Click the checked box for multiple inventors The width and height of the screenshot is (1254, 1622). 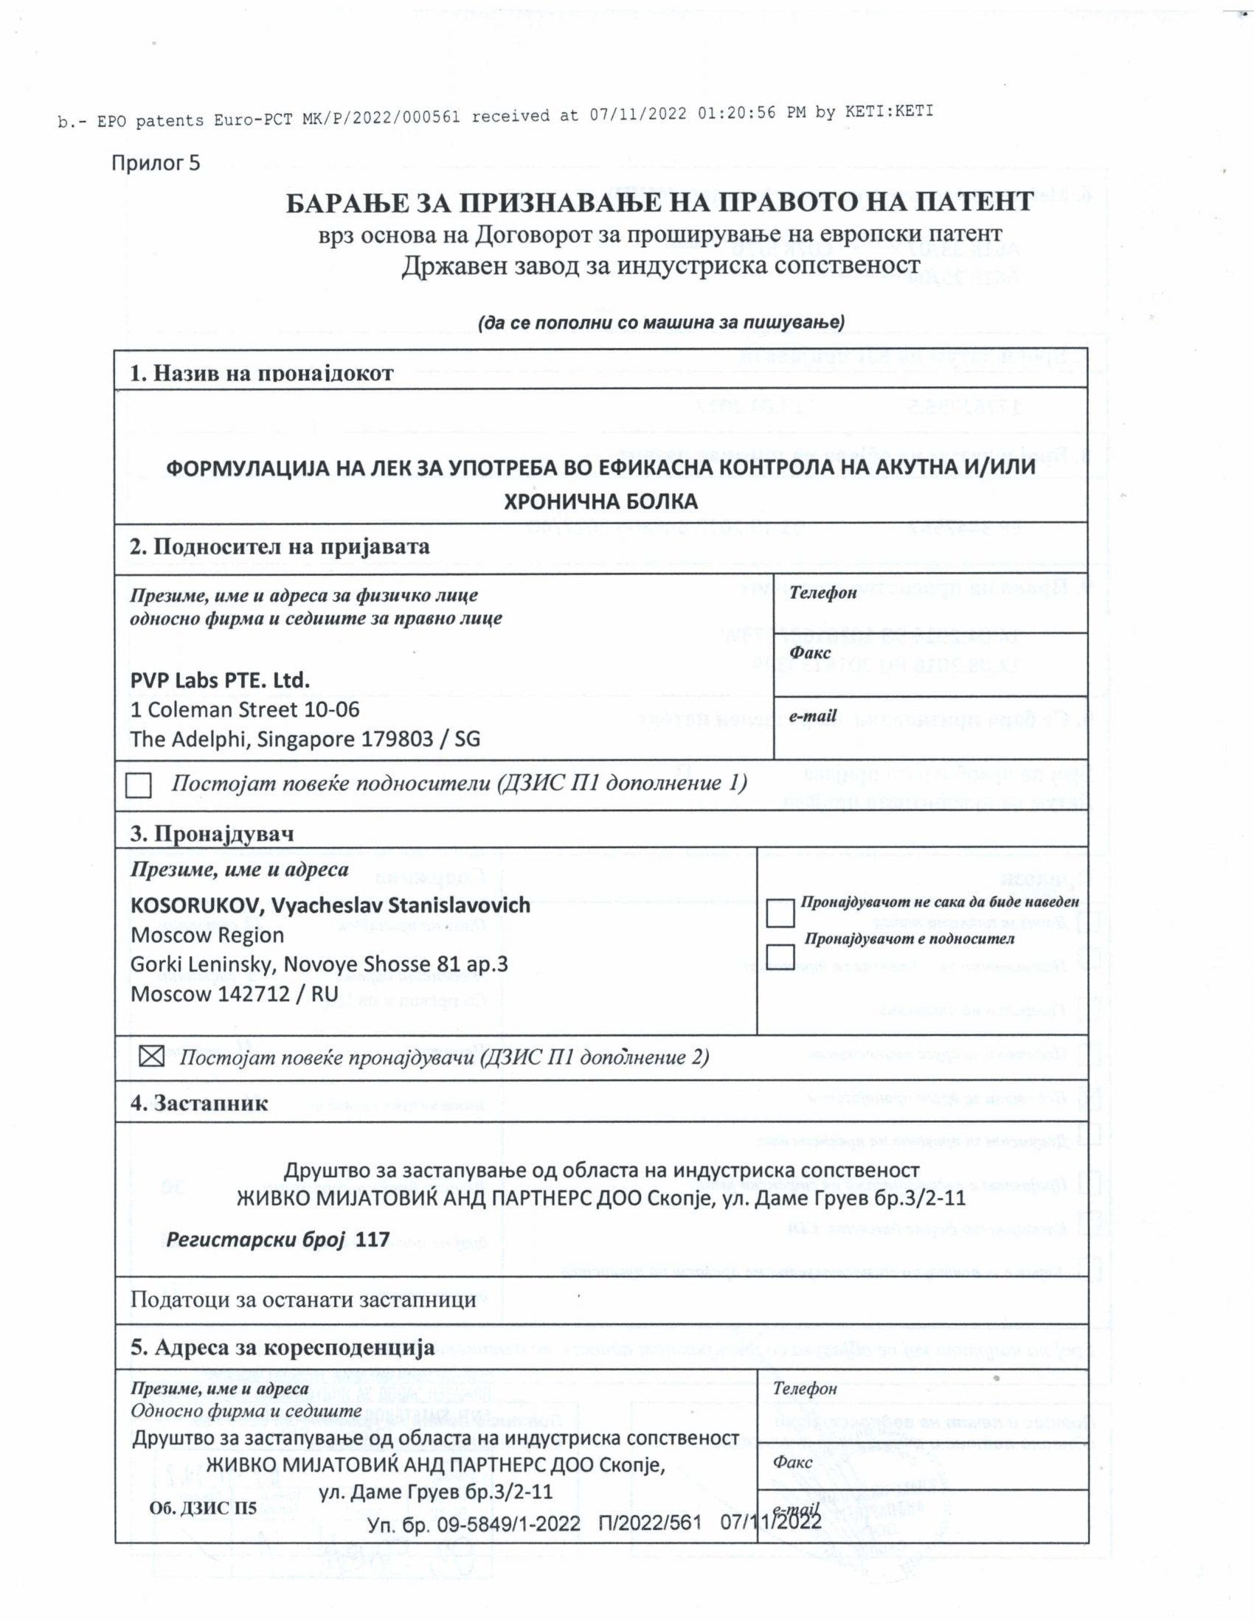[x=151, y=1056]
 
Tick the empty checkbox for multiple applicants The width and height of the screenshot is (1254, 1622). [x=138, y=785]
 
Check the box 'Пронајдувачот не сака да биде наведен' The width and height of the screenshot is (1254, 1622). [x=780, y=913]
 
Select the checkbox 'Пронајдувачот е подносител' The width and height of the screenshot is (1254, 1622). [x=780, y=956]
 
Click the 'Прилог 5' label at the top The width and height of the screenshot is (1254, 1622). [x=156, y=163]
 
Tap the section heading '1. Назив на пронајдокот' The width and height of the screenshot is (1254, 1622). [x=262, y=373]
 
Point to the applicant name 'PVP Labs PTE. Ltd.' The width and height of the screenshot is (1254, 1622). [x=220, y=680]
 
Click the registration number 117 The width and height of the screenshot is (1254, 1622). [x=373, y=1239]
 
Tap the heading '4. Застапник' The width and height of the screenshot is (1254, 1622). [x=199, y=1103]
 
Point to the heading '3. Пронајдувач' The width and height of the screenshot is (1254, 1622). [x=212, y=833]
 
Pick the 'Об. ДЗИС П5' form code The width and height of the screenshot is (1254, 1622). [x=203, y=1508]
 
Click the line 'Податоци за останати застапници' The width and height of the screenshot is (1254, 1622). [x=303, y=1300]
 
